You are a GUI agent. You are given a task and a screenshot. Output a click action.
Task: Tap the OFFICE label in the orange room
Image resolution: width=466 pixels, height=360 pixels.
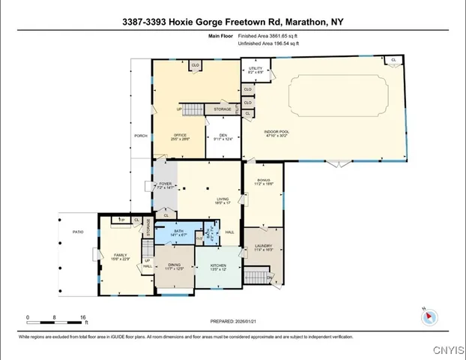coord(180,135)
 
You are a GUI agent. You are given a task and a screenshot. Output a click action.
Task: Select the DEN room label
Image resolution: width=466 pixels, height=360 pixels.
coord(223,135)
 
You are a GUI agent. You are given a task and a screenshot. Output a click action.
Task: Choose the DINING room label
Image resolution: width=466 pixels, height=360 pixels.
coord(174,265)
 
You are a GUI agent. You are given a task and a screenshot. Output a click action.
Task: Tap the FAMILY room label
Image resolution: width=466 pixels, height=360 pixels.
coord(120,255)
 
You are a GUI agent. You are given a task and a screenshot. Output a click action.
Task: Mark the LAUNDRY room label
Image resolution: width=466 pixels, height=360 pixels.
coord(263,246)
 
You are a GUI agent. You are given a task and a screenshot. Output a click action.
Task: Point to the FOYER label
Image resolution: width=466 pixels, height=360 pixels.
coord(166,184)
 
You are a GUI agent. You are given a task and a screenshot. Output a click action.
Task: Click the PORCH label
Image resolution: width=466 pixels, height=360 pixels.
coord(140,136)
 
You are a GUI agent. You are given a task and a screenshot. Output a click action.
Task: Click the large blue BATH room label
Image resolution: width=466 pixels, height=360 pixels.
coord(179,232)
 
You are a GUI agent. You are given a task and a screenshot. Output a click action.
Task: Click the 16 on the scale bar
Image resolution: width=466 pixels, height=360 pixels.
coord(82,317)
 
